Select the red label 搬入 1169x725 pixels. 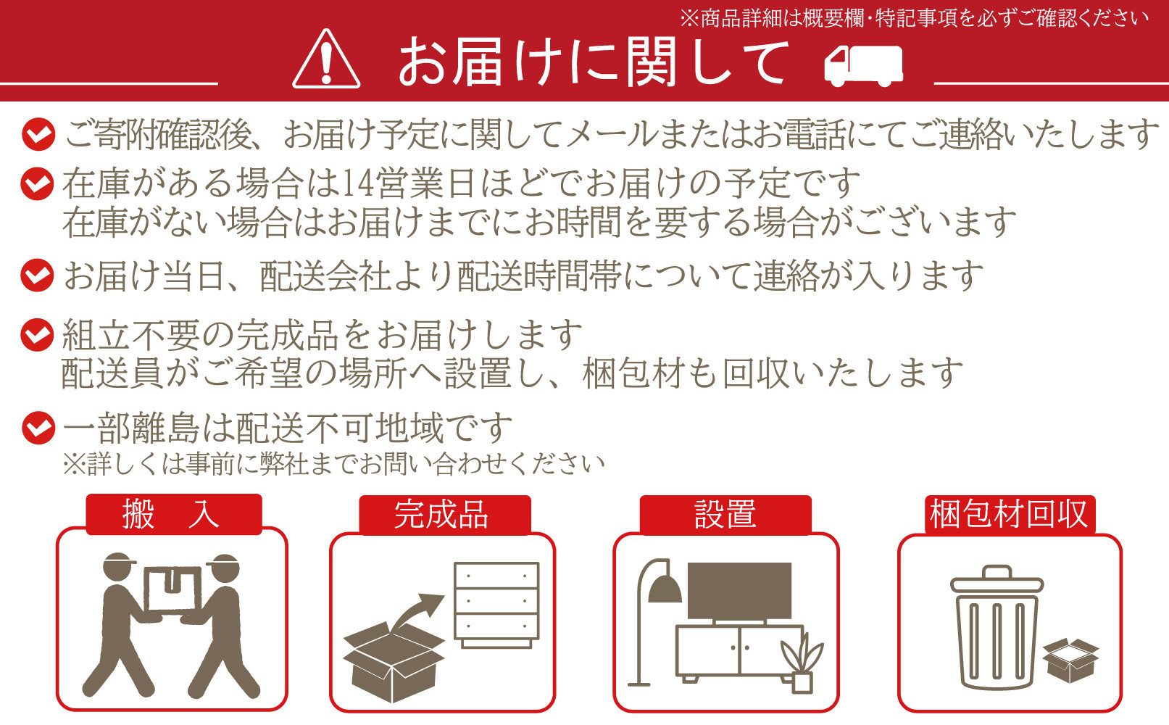click(x=173, y=515)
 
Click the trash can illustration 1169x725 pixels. click(x=997, y=627)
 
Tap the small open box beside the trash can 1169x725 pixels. click(x=1070, y=660)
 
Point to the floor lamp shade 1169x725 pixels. click(x=665, y=589)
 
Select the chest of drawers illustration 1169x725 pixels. click(x=496, y=603)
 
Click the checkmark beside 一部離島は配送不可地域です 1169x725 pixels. click(x=38, y=428)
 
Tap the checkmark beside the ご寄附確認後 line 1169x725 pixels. click(x=38, y=135)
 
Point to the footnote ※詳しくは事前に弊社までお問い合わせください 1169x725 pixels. click(x=333, y=464)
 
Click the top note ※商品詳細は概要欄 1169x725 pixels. click(x=913, y=18)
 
